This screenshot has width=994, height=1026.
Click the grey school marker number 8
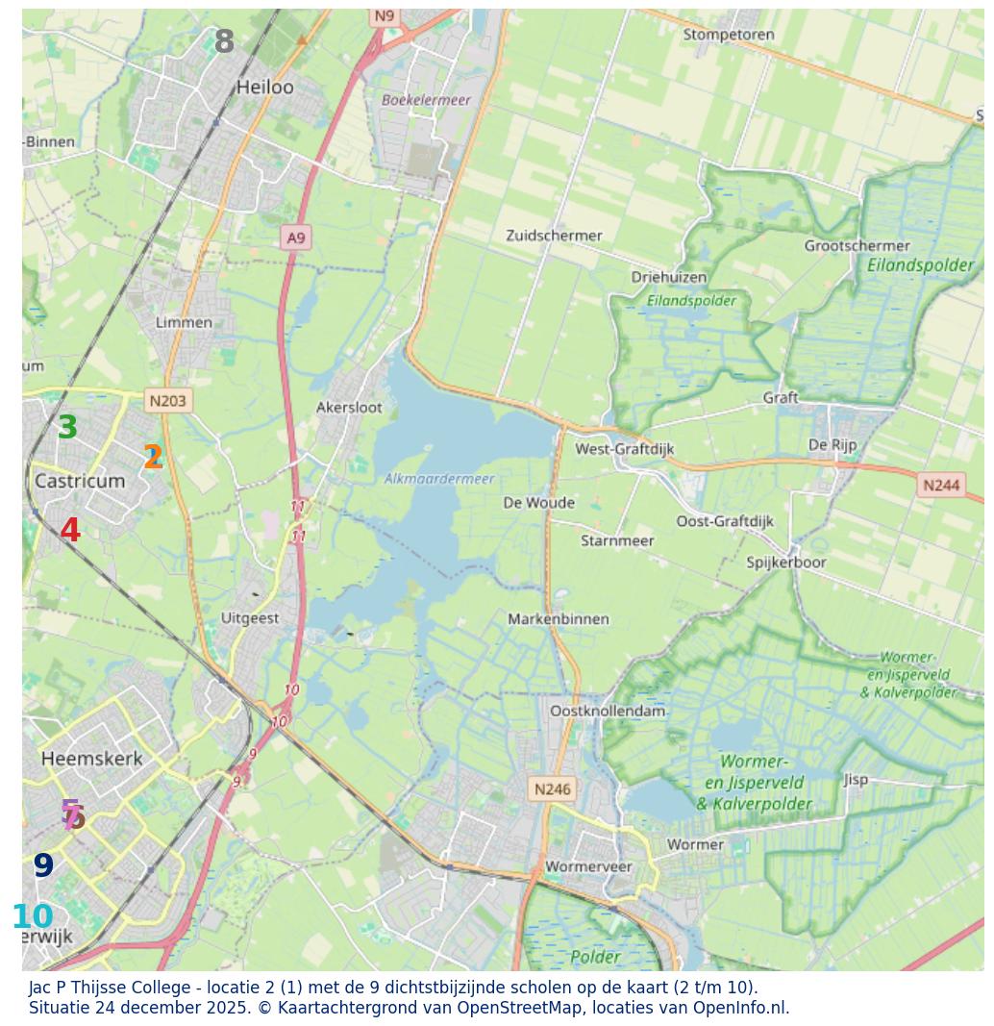click(x=224, y=42)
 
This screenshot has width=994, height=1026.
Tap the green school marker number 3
click(x=67, y=428)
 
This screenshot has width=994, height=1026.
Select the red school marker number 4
click(x=70, y=531)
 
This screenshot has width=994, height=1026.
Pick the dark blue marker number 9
click(x=43, y=866)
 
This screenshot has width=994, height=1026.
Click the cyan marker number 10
click(x=33, y=917)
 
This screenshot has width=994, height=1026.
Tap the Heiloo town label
click(x=265, y=88)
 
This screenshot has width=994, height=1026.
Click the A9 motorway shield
click(x=296, y=238)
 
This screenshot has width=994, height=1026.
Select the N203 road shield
click(x=168, y=400)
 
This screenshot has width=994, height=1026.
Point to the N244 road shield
click(x=941, y=485)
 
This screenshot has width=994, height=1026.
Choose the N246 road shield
click(x=552, y=789)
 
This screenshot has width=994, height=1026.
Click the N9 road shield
click(x=385, y=15)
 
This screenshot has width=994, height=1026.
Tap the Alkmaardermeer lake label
click(x=439, y=479)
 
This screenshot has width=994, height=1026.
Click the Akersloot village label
click(x=349, y=408)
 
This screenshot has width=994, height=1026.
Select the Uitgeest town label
click(x=250, y=618)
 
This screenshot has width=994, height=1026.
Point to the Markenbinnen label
click(x=559, y=619)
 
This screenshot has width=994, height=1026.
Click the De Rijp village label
click(x=832, y=445)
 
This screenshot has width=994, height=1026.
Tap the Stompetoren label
click(x=729, y=35)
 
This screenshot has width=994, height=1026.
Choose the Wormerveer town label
click(x=588, y=866)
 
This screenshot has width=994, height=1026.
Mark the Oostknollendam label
click(x=608, y=712)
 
